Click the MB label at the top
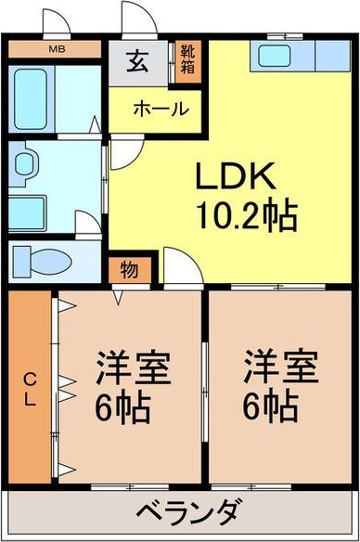pos(57,49)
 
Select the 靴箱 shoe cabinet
pos(188,61)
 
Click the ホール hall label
pos(161,110)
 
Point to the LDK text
pos(236,175)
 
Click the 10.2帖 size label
pos(247,216)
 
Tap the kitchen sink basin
pos(275,56)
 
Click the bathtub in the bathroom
pos(31,99)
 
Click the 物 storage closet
pos(130,270)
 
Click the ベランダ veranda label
pos(187,511)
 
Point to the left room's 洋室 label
pos(133,368)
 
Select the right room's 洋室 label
pos(280,368)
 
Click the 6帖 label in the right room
pos(270,406)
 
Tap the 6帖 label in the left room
pos(122,407)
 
